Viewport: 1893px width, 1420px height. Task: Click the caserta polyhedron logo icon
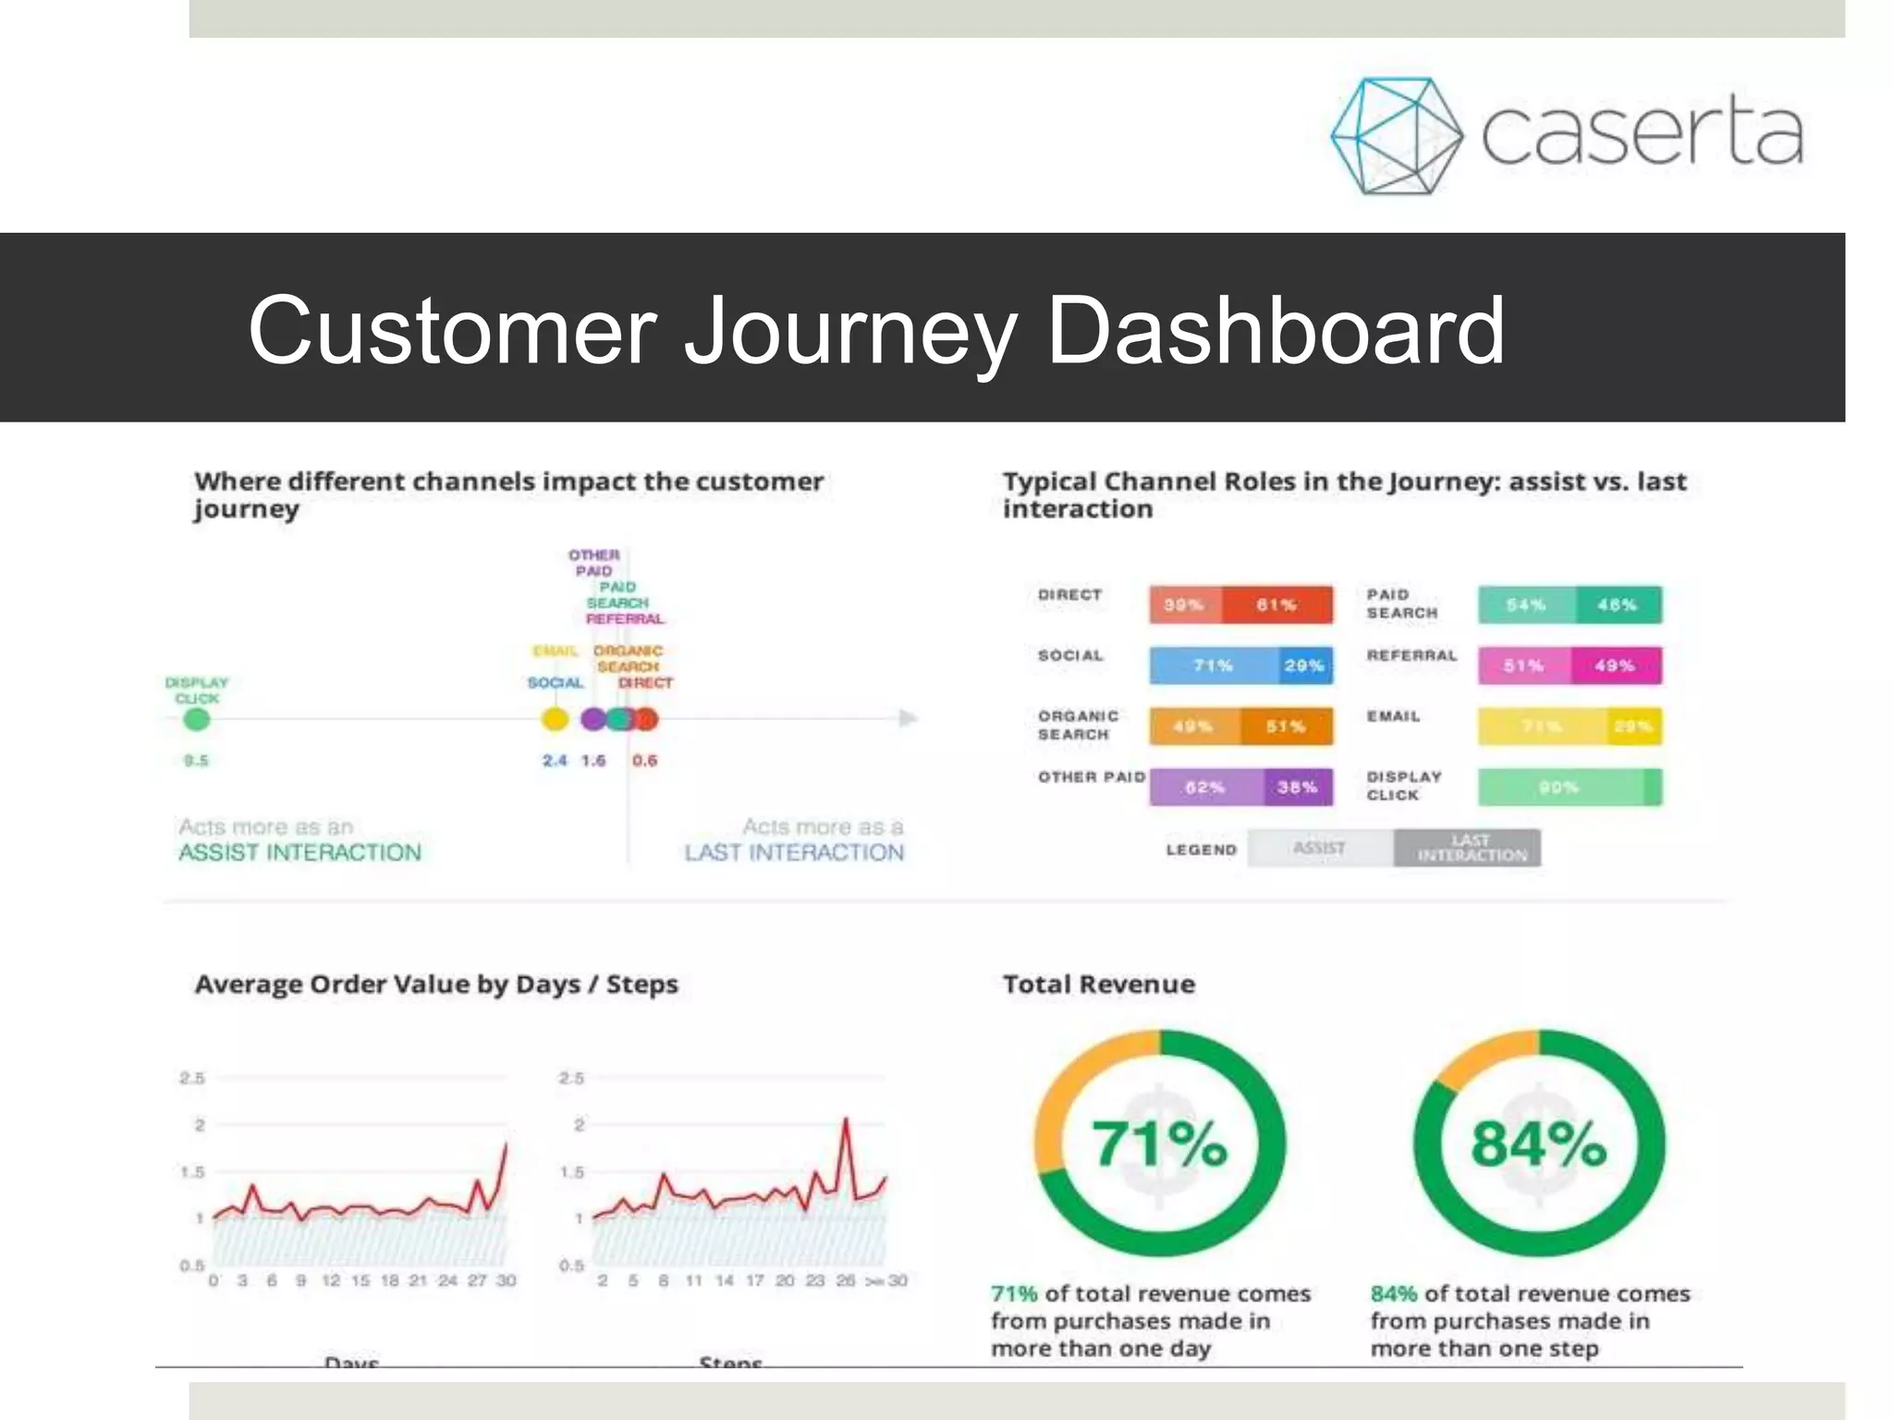1396,136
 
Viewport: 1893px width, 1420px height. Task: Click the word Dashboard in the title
1276,330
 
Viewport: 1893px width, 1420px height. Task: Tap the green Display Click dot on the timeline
196,719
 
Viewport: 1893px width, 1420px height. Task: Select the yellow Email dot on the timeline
555,719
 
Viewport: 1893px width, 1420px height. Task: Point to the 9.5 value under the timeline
196,761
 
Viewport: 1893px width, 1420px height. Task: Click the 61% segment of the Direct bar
1277,606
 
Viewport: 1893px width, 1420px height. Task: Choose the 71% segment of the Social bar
1213,666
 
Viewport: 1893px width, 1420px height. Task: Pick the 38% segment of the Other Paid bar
1298,788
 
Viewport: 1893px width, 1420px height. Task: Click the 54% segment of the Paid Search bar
1525,606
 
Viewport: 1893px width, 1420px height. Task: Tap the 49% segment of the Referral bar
1615,666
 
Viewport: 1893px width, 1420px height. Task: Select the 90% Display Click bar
1560,788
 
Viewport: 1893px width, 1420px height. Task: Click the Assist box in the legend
1320,848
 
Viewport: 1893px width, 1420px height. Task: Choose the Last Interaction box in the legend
1468,848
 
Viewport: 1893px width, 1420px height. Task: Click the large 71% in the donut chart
1160,1145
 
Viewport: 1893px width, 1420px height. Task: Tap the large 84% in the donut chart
1539,1145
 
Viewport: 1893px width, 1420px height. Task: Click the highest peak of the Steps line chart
845,1120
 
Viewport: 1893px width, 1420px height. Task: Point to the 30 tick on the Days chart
506,1280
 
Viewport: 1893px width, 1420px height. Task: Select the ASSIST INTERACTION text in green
299,852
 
